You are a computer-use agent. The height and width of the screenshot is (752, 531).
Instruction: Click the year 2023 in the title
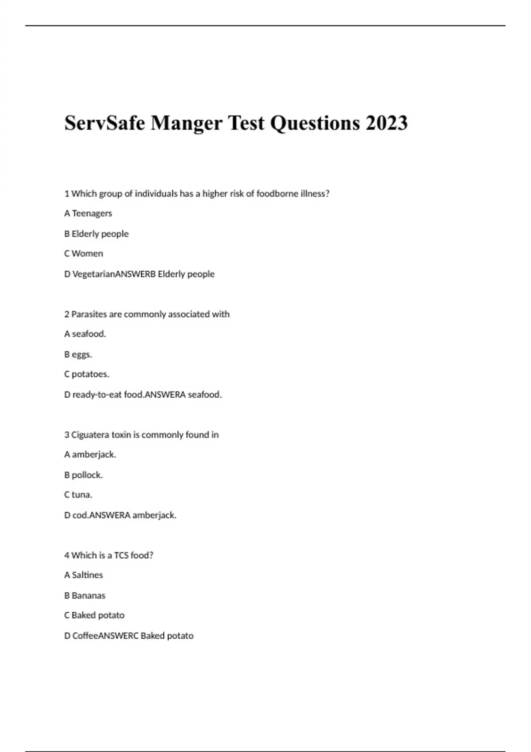386,123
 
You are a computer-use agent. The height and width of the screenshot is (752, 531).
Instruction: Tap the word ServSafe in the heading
104,123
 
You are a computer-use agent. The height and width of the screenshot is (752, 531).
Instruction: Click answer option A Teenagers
88,213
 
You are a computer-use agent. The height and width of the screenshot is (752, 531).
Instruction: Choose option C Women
84,253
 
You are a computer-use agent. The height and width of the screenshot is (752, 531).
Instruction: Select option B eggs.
78,354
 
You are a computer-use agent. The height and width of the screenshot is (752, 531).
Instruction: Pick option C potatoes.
86,374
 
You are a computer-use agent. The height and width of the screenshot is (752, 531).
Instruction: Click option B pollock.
83,475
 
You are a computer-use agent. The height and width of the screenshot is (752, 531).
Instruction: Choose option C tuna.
78,495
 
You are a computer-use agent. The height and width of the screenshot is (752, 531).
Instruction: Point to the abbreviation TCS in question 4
121,555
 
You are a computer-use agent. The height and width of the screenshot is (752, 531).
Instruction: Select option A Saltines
84,575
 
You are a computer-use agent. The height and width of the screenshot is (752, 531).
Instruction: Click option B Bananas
85,595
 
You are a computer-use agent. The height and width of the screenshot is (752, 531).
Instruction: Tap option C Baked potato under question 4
94,615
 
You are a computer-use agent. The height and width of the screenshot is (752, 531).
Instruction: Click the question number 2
67,314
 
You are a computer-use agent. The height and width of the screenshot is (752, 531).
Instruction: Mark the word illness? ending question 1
315,193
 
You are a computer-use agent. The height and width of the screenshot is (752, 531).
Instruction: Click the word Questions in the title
315,123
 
